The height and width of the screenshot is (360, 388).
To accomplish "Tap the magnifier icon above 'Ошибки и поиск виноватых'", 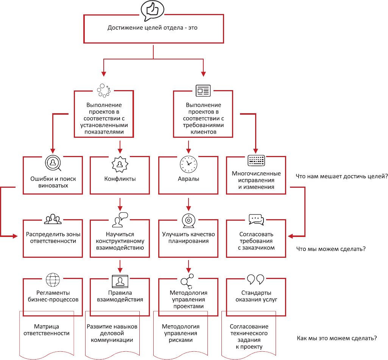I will tap(53, 163).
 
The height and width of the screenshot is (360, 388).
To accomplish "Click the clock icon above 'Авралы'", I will tap(188, 163).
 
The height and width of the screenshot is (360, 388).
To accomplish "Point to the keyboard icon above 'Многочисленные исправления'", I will tap(256, 161).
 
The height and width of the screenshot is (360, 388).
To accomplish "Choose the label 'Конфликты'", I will tap(120, 179).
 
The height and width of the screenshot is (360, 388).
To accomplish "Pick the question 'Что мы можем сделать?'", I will tap(330, 249).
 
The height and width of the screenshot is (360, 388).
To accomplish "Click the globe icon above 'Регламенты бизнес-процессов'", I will tap(53, 281).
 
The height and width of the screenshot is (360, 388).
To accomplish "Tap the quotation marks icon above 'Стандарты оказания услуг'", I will tap(256, 279).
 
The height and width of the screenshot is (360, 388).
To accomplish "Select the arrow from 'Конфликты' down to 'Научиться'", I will tap(120, 204).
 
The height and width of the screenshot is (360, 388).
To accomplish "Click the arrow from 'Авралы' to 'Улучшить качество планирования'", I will tap(188, 204).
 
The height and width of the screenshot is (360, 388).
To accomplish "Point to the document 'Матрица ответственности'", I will tap(47, 330).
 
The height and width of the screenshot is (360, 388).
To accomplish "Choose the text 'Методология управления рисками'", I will tap(181, 333).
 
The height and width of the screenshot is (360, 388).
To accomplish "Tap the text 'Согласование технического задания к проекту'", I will tap(249, 337).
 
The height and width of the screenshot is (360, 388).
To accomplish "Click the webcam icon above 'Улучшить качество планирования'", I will tap(188, 220).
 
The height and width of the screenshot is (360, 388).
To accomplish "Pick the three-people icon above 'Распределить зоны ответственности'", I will tap(53, 220).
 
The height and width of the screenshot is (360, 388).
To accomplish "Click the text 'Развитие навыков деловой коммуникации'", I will tap(112, 333).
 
